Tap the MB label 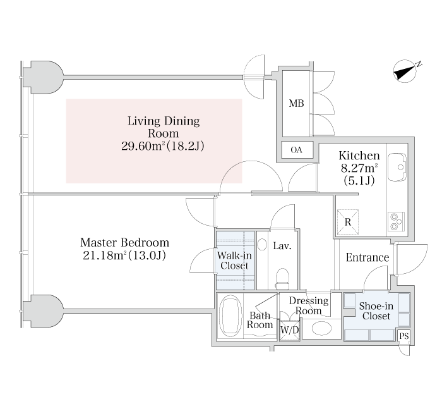tap(296, 104)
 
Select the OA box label tap(296, 150)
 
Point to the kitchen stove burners tap(397, 221)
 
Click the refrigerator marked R tap(347, 221)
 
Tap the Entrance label tap(367, 258)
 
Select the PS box tap(403, 336)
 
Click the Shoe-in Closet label tap(376, 311)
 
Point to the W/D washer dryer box tap(289, 330)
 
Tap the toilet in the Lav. tap(282, 275)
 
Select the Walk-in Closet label tap(234, 261)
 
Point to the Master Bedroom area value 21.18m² tap(100, 255)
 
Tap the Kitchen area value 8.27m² tap(359, 168)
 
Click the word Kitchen tap(359, 156)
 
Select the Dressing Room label tap(309, 306)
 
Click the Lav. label tap(282, 246)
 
